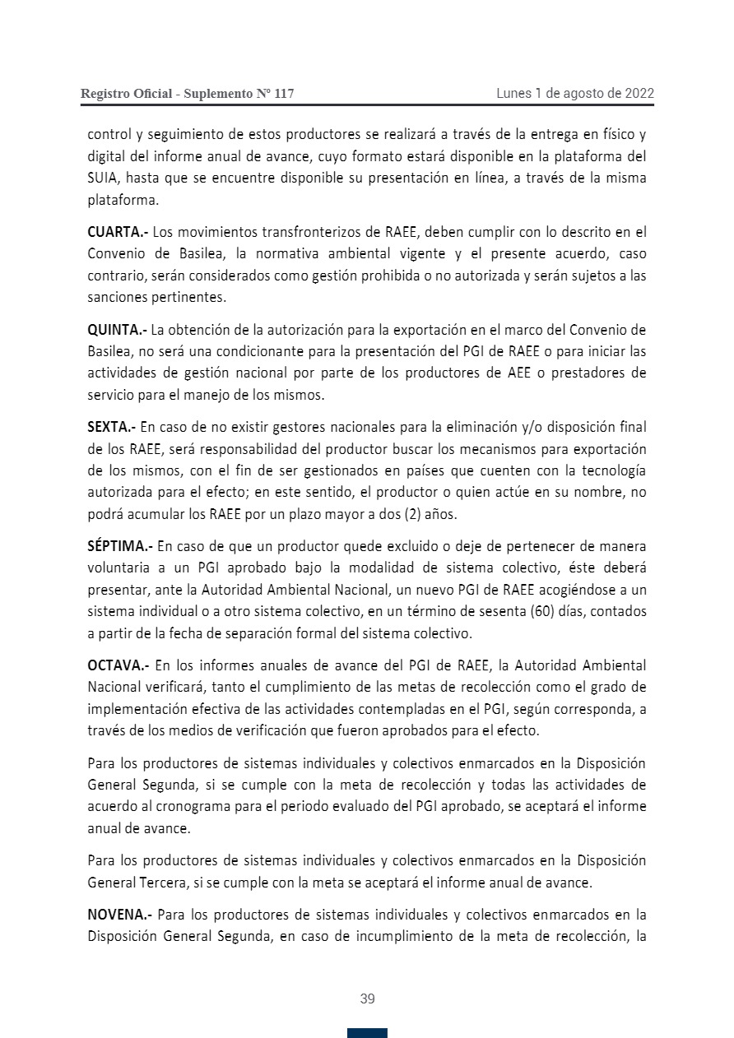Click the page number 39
click(x=367, y=999)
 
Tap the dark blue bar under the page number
click(x=367, y=1033)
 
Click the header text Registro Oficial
click(x=126, y=94)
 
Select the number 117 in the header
click(x=283, y=94)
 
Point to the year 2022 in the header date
click(x=639, y=94)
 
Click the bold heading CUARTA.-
click(x=118, y=232)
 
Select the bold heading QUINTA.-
click(x=117, y=331)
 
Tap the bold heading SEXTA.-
click(x=112, y=427)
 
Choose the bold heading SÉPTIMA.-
click(x=120, y=546)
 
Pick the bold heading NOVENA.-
click(x=119, y=914)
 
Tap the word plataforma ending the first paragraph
click(x=122, y=200)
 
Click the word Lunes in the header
click(x=513, y=94)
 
